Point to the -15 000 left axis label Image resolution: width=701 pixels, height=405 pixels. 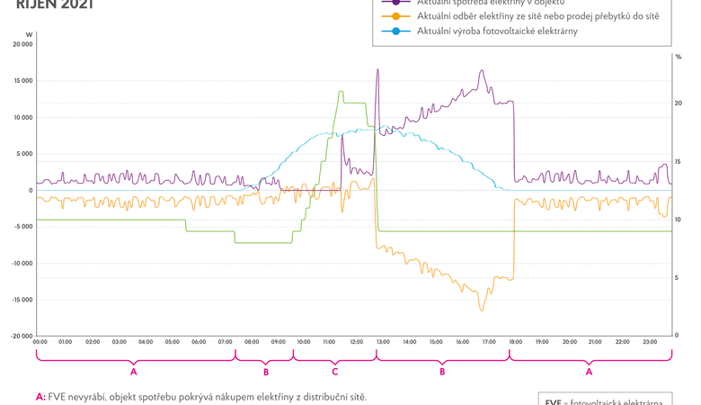point(21,300)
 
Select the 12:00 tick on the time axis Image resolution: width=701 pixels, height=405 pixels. point(357,342)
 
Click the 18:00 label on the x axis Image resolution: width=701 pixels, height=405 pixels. point(516,342)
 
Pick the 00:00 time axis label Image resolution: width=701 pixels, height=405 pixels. point(40,342)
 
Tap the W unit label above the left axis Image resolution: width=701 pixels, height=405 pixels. point(29,34)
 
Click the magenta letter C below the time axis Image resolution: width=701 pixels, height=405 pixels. point(334,371)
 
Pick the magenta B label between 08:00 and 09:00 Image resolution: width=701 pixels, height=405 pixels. point(266,371)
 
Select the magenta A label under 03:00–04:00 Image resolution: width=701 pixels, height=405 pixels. point(133,371)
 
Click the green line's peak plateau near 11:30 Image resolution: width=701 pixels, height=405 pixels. point(341,92)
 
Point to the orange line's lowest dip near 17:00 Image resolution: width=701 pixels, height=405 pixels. point(482,310)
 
